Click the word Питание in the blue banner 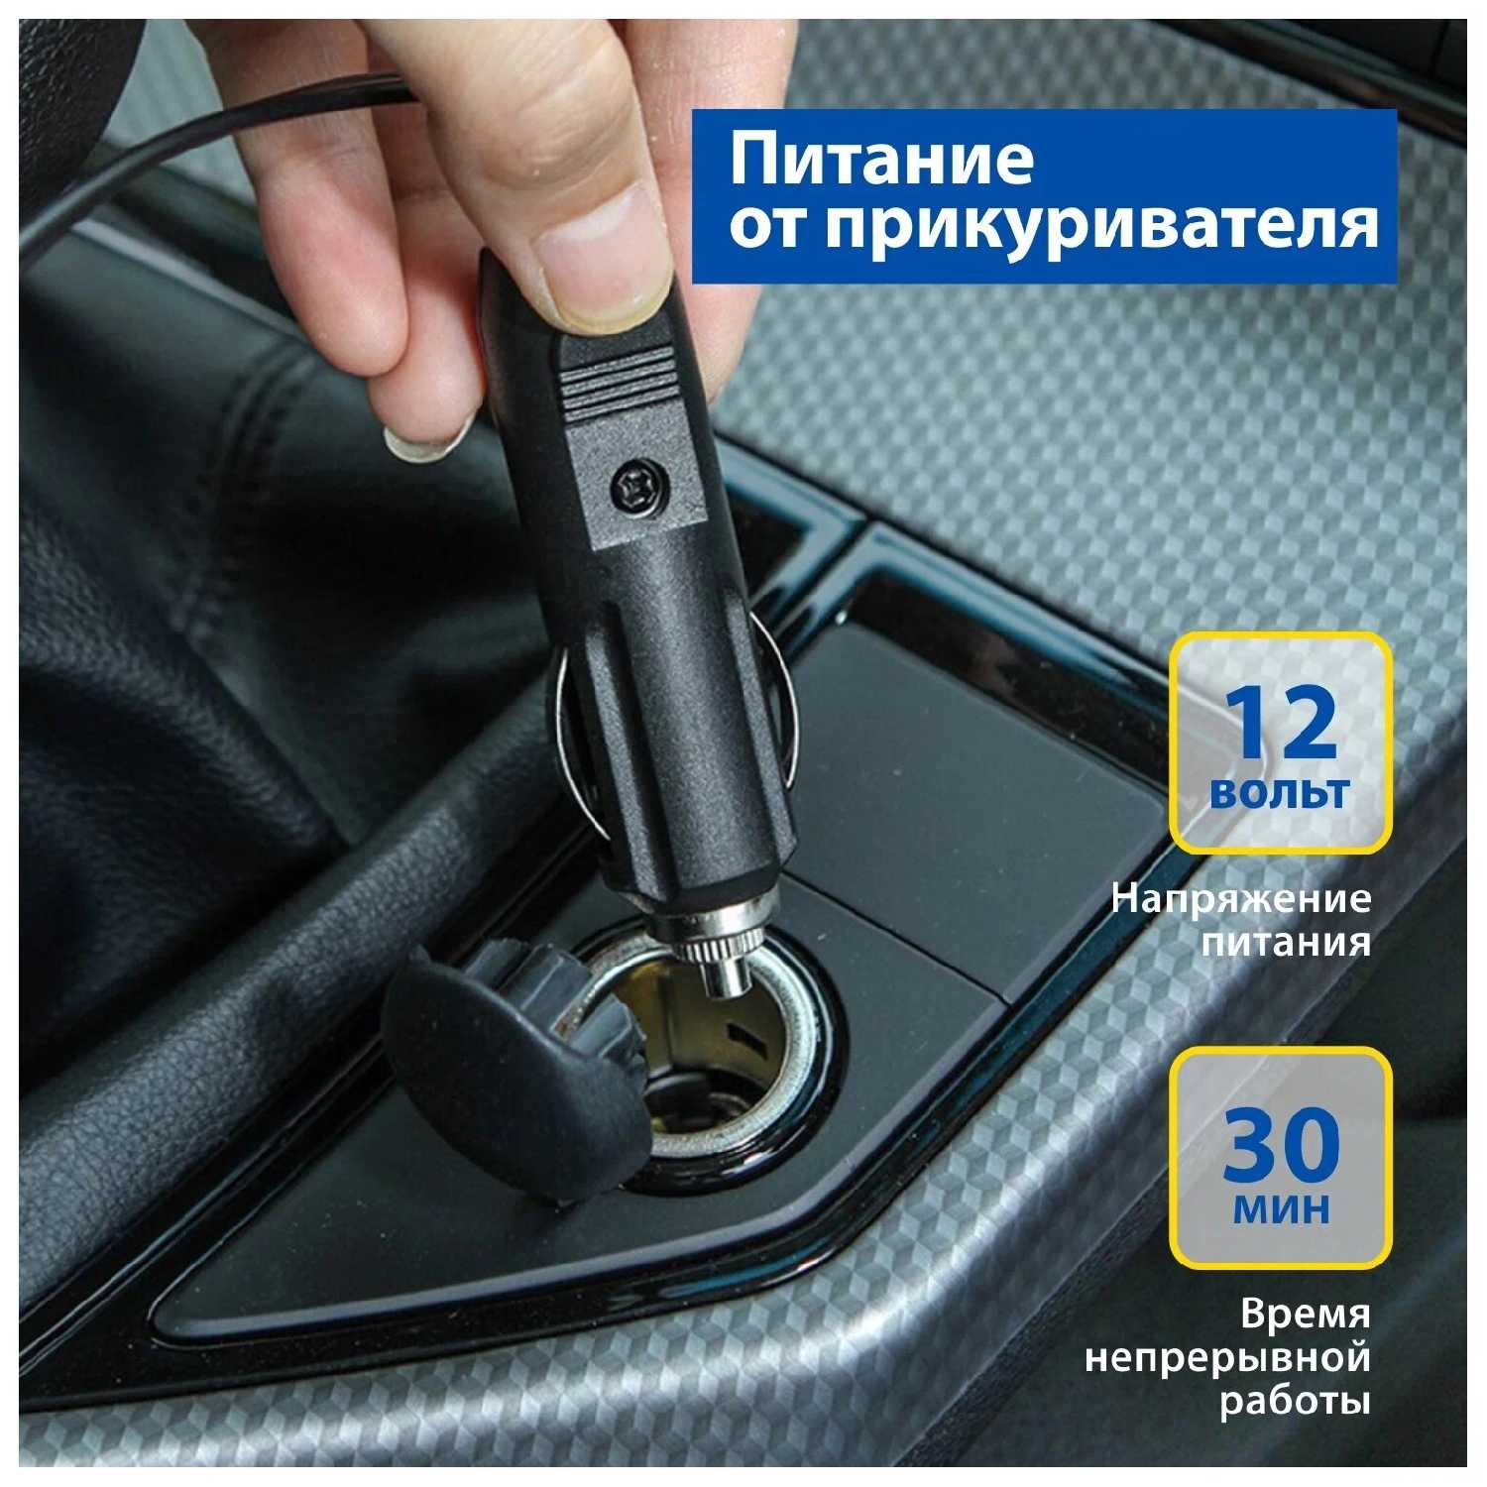tap(882, 162)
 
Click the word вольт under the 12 tap(1280, 793)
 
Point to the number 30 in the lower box tap(1281, 1145)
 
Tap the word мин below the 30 tap(1281, 1208)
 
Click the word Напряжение tap(1241, 900)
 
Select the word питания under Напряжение tap(1287, 941)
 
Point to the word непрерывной tap(1227, 1359)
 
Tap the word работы tap(1295, 1402)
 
